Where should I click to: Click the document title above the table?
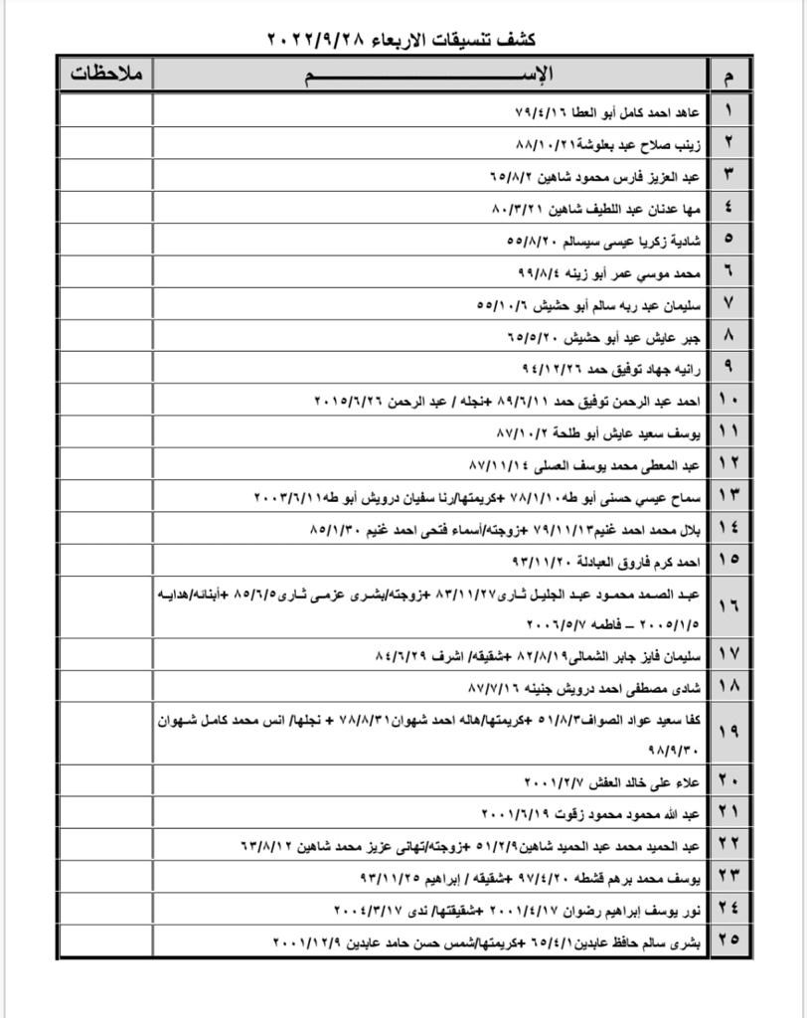[x=402, y=39]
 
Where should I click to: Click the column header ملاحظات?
[x=106, y=75]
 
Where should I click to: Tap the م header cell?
[x=728, y=76]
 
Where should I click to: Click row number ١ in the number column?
[x=728, y=109]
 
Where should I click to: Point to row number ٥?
[x=728, y=240]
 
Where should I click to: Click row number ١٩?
[x=728, y=731]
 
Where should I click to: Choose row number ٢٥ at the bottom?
[x=728, y=941]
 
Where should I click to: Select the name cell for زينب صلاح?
[x=596, y=142]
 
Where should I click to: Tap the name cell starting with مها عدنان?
[x=596, y=207]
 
